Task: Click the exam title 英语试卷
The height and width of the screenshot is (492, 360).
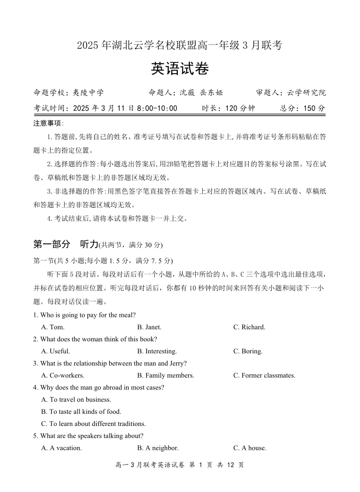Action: pos(180,69)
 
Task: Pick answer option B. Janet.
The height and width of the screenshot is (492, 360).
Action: pos(149,327)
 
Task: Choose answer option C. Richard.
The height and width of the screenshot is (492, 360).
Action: pos(249,327)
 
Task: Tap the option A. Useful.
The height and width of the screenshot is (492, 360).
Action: pos(56,351)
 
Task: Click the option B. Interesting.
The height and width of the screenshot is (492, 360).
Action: pos(157,351)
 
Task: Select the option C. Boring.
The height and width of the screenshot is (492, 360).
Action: pos(248,351)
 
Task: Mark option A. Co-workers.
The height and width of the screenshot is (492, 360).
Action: pos(63,375)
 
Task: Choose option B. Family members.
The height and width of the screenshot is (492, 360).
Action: pos(165,375)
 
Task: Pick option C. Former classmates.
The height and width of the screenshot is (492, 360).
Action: pos(264,375)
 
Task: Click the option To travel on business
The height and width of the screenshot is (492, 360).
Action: pos(76,399)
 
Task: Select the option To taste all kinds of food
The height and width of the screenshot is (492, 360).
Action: pos(81,411)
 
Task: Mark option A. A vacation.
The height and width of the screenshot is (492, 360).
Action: pos(62,448)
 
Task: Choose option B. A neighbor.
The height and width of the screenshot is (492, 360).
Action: pos(158,448)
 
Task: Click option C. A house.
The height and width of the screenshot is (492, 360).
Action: pos(249,448)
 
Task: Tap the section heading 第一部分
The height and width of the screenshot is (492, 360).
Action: pos(52,244)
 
